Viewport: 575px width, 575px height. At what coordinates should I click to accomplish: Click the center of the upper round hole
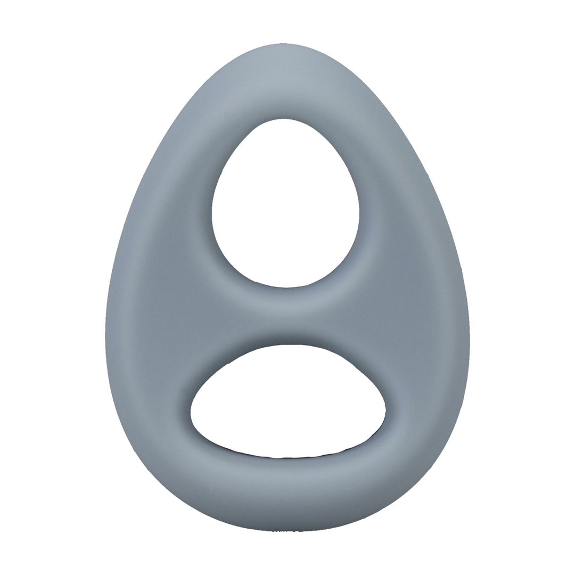click(286, 205)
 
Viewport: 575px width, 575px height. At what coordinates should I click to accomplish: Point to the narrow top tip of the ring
click(283, 45)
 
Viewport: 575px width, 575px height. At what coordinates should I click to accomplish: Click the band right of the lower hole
click(426, 405)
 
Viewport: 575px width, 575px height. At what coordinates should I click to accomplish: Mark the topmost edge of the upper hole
click(284, 119)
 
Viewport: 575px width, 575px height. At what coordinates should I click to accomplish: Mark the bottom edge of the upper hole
click(286, 287)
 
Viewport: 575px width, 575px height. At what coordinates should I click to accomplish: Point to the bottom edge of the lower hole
click(287, 457)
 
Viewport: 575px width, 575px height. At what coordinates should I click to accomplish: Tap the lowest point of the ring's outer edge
click(287, 531)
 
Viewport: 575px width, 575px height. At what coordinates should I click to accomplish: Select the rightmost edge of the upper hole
click(359, 213)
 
